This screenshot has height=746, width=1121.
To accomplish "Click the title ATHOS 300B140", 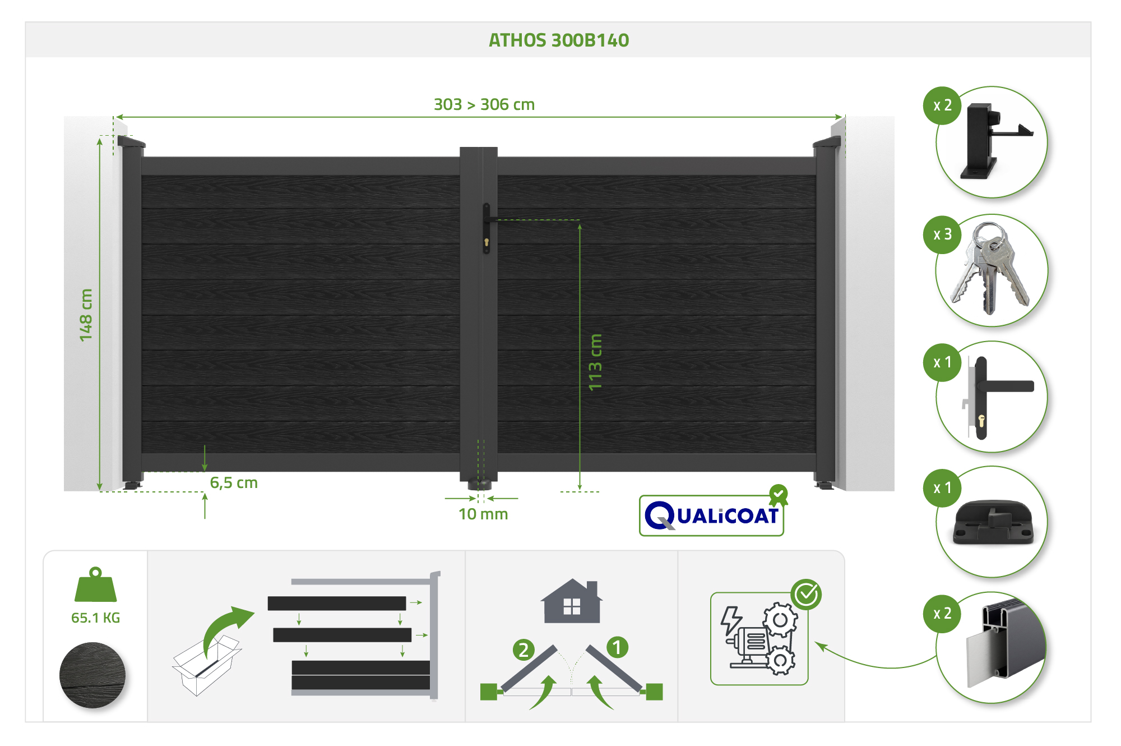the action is [559, 40].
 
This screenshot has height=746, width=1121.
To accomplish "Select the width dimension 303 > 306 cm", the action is [484, 104].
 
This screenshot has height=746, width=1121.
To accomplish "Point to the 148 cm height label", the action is [86, 315].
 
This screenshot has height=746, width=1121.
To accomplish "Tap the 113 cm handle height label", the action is [595, 362].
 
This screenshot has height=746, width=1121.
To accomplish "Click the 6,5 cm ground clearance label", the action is [234, 482].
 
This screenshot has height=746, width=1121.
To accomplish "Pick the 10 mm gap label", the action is [483, 514].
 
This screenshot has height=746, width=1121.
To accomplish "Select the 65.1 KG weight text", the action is [96, 618].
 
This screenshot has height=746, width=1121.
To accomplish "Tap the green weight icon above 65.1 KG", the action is [96, 584].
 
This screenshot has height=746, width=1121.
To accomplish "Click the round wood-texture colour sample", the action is [92, 675].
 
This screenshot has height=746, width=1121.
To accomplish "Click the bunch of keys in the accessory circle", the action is [990, 268].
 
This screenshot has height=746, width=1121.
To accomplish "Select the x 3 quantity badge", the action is [942, 234].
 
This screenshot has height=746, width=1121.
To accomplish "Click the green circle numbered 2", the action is [524, 650].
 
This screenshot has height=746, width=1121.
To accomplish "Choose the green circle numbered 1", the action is [617, 647].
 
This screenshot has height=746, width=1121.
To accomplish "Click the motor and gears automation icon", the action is [759, 638].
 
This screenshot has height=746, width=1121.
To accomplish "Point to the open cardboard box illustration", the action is [206, 665].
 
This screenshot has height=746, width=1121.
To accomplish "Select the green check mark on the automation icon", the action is [807, 595].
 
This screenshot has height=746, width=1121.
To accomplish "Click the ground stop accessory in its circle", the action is [993, 522].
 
